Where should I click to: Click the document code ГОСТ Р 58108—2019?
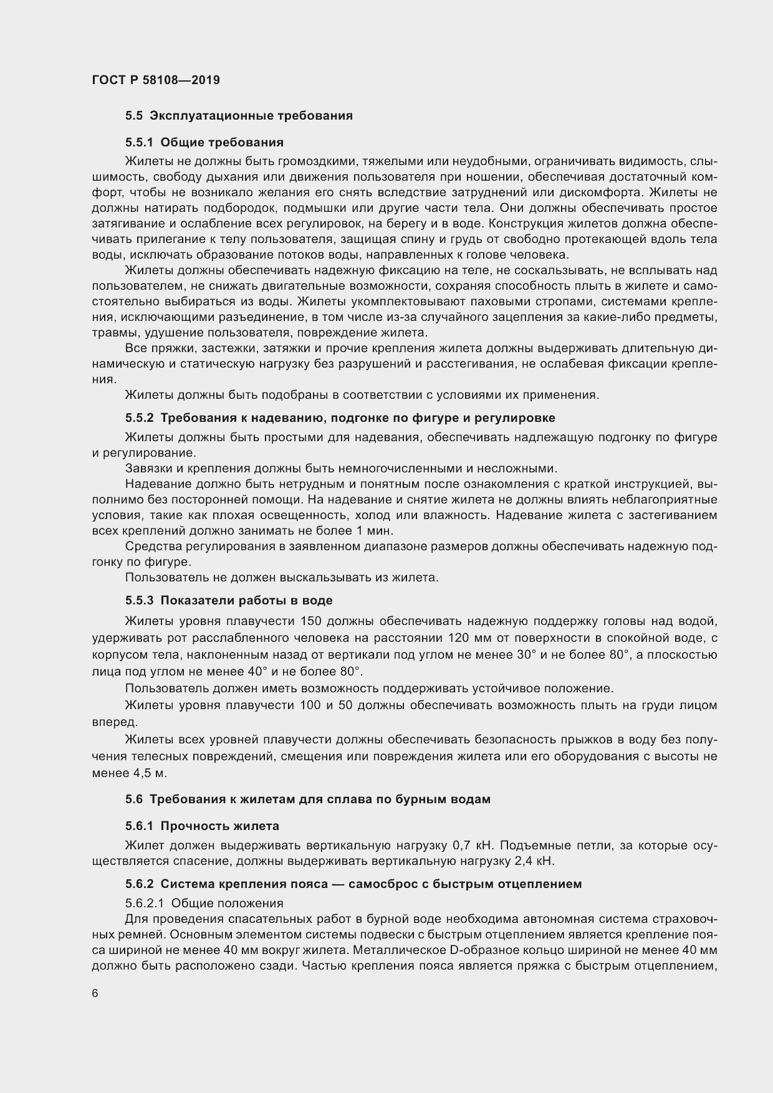[x=156, y=80]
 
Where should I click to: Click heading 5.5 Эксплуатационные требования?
[x=239, y=115]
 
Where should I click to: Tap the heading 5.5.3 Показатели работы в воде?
[x=229, y=600]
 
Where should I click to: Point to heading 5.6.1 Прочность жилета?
[x=202, y=826]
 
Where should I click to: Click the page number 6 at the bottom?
[x=95, y=993]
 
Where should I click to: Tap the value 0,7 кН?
[x=473, y=846]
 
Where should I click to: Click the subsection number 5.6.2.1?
[x=145, y=903]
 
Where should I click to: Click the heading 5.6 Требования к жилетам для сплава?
[x=307, y=799]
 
